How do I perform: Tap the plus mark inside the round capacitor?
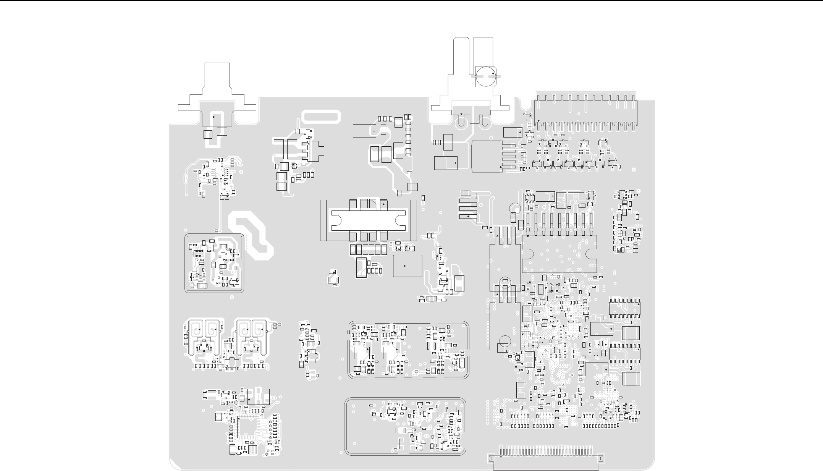[493, 73]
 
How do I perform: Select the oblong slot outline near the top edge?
[321, 117]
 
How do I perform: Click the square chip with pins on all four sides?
[248, 427]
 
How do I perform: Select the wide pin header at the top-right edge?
[586, 111]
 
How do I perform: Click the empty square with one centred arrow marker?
[407, 266]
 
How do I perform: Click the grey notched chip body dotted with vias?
[559, 253]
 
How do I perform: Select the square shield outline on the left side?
[214, 263]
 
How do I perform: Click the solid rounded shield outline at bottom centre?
[405, 427]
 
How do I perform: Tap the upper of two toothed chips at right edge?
[624, 308]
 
